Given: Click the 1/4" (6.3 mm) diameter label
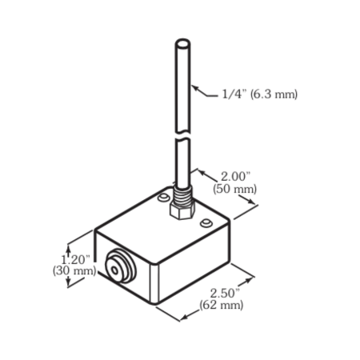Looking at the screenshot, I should click(x=259, y=94).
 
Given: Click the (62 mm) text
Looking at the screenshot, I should click(x=221, y=305).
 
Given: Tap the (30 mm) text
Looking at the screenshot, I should click(x=74, y=271).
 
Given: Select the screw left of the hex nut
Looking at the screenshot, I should click(x=163, y=195).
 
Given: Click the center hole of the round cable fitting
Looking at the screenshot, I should click(x=118, y=270).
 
